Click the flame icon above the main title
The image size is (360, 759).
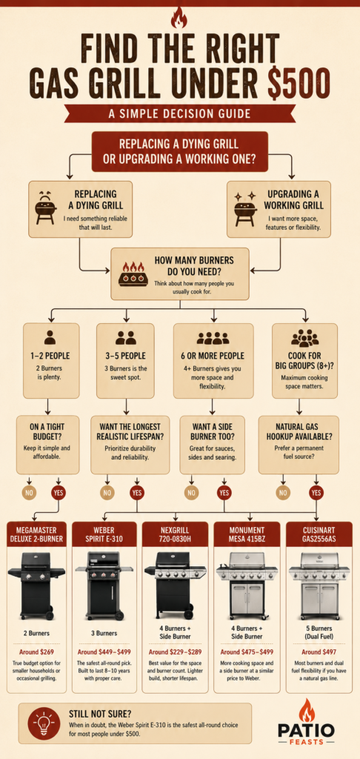click(179, 19)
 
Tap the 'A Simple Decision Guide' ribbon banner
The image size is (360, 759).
click(179, 113)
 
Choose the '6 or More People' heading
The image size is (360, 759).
click(213, 356)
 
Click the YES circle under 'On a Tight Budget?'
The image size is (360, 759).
click(59, 493)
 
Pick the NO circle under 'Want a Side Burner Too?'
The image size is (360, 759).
click(192, 493)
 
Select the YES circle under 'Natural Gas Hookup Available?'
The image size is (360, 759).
click(316, 493)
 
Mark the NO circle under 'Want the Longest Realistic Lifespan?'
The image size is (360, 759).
click(107, 493)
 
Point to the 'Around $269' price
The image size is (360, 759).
click(36, 652)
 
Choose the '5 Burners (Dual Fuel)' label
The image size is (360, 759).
click(318, 632)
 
